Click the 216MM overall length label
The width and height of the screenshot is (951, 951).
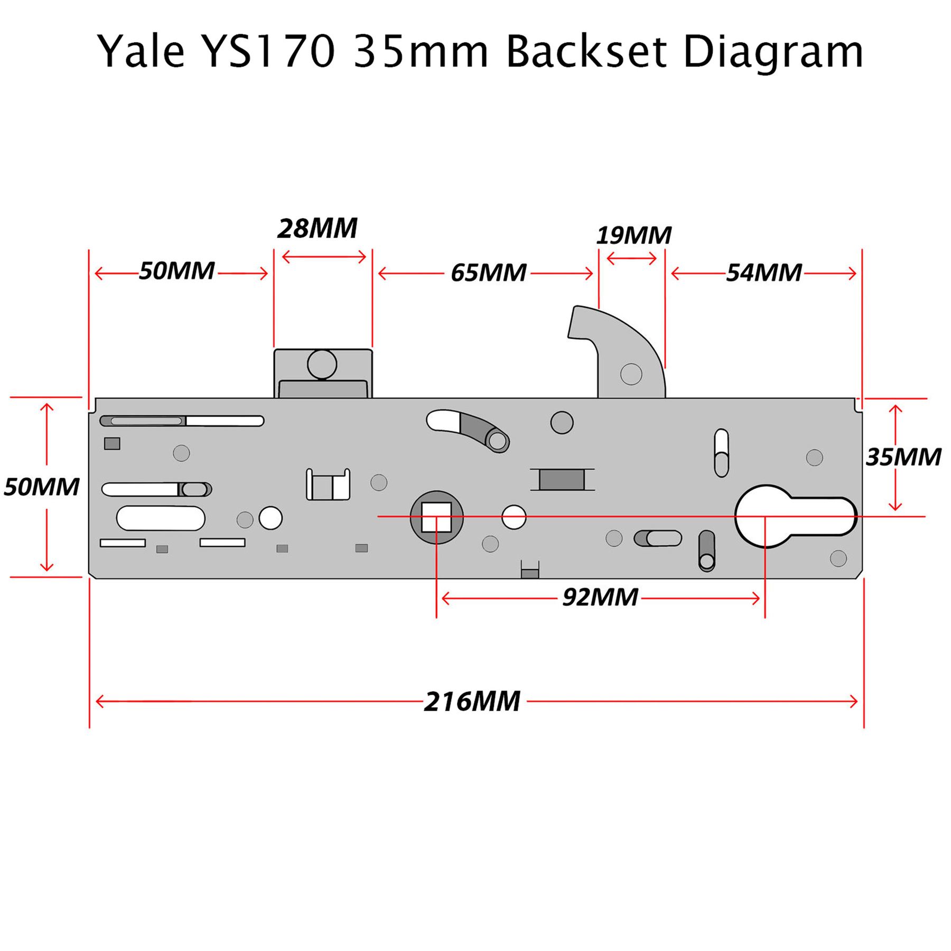tap(472, 702)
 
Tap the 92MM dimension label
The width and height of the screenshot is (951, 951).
tap(600, 598)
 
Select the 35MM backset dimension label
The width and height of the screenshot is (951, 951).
tap(903, 458)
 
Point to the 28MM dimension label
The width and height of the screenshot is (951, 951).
tap(317, 229)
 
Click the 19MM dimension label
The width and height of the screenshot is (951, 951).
tap(633, 236)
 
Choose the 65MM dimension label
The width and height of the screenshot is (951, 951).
tap(488, 273)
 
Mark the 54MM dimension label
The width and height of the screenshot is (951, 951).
tap(763, 273)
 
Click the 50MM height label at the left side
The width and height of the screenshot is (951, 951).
tap(41, 487)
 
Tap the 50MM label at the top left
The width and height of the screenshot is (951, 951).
tap(176, 271)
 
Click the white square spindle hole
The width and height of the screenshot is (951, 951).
tap(436, 517)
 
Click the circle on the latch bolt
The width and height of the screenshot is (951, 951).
tap(322, 364)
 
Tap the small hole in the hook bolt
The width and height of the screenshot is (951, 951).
tap(631, 374)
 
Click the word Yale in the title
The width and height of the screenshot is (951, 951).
tap(141, 51)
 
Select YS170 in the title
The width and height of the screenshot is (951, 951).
tap(269, 51)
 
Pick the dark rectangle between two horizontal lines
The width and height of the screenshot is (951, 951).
tap(562, 480)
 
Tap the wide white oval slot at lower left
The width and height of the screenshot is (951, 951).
tap(161, 518)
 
